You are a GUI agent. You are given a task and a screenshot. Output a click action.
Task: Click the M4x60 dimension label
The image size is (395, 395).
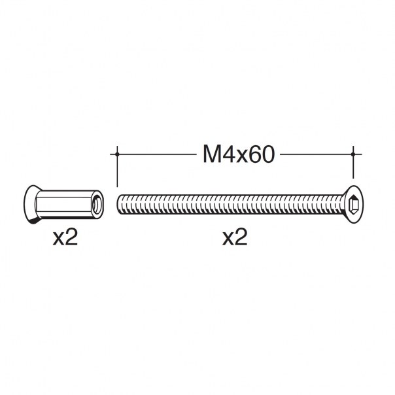pyautogui.click(x=238, y=155)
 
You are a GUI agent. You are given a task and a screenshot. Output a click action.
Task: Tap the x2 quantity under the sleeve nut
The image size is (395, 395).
pyautogui.click(x=65, y=237)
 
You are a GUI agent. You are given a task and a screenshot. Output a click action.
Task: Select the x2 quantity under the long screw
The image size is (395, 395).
pyautogui.click(x=235, y=237)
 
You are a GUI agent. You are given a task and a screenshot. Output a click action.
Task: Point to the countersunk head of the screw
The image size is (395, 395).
pyautogui.click(x=352, y=204)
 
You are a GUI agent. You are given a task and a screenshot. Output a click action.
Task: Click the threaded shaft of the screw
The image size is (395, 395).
pyautogui.click(x=230, y=204)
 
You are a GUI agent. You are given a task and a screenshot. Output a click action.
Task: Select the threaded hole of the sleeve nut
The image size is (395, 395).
pyautogui.click(x=97, y=204)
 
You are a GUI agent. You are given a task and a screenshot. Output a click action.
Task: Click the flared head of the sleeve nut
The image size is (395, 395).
pyautogui.click(x=31, y=205)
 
